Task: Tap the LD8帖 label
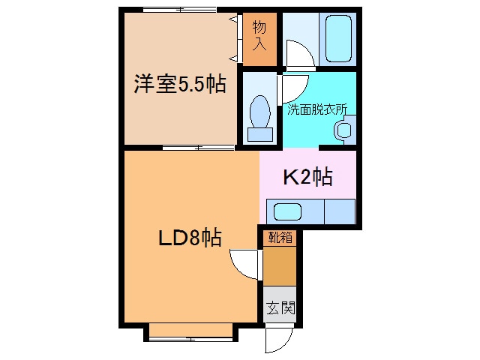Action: click(x=188, y=238)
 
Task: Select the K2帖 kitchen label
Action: click(x=307, y=178)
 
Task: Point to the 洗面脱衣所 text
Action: click(x=318, y=109)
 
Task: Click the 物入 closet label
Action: click(x=259, y=35)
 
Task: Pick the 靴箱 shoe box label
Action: click(x=279, y=238)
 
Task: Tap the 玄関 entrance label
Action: click(x=279, y=307)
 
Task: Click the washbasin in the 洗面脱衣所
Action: click(x=343, y=130)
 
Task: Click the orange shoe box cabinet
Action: click(x=279, y=266)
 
